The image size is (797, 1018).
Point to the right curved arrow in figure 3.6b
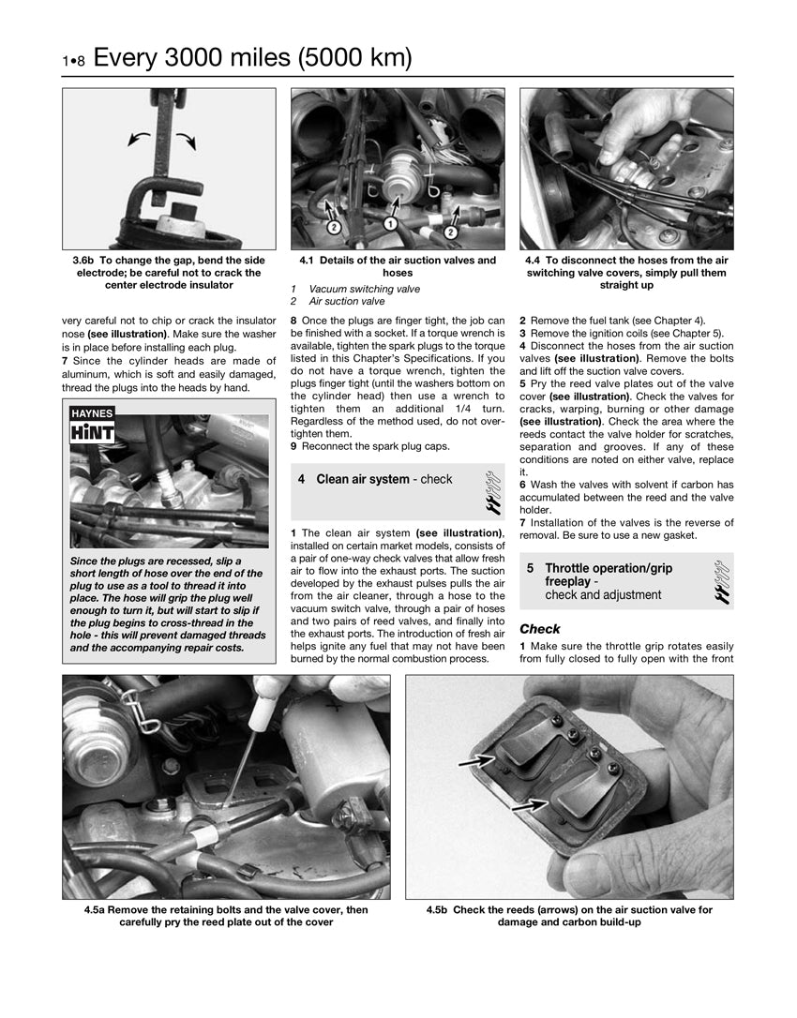point(185,139)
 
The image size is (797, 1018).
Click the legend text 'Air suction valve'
point(346,302)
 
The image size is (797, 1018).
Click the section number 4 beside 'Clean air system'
point(301,480)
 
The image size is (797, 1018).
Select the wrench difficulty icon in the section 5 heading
point(720,581)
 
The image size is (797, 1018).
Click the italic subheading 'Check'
point(539,629)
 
